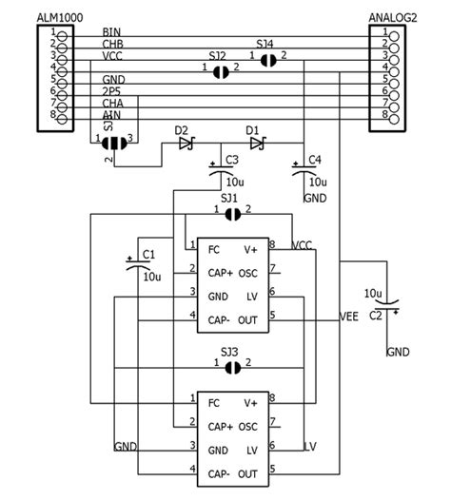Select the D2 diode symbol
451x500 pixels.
tap(186, 144)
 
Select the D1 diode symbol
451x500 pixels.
tap(255, 144)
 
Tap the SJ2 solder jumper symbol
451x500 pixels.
tap(218, 69)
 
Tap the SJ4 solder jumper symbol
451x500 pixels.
tap(267, 59)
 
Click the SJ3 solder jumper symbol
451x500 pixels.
tap(231, 364)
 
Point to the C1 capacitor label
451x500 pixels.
tap(147, 254)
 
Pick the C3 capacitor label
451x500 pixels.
tap(231, 159)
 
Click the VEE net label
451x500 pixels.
tap(349, 317)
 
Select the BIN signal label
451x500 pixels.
tap(111, 31)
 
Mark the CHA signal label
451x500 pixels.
tap(112, 103)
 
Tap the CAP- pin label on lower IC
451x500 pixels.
tap(220, 472)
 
